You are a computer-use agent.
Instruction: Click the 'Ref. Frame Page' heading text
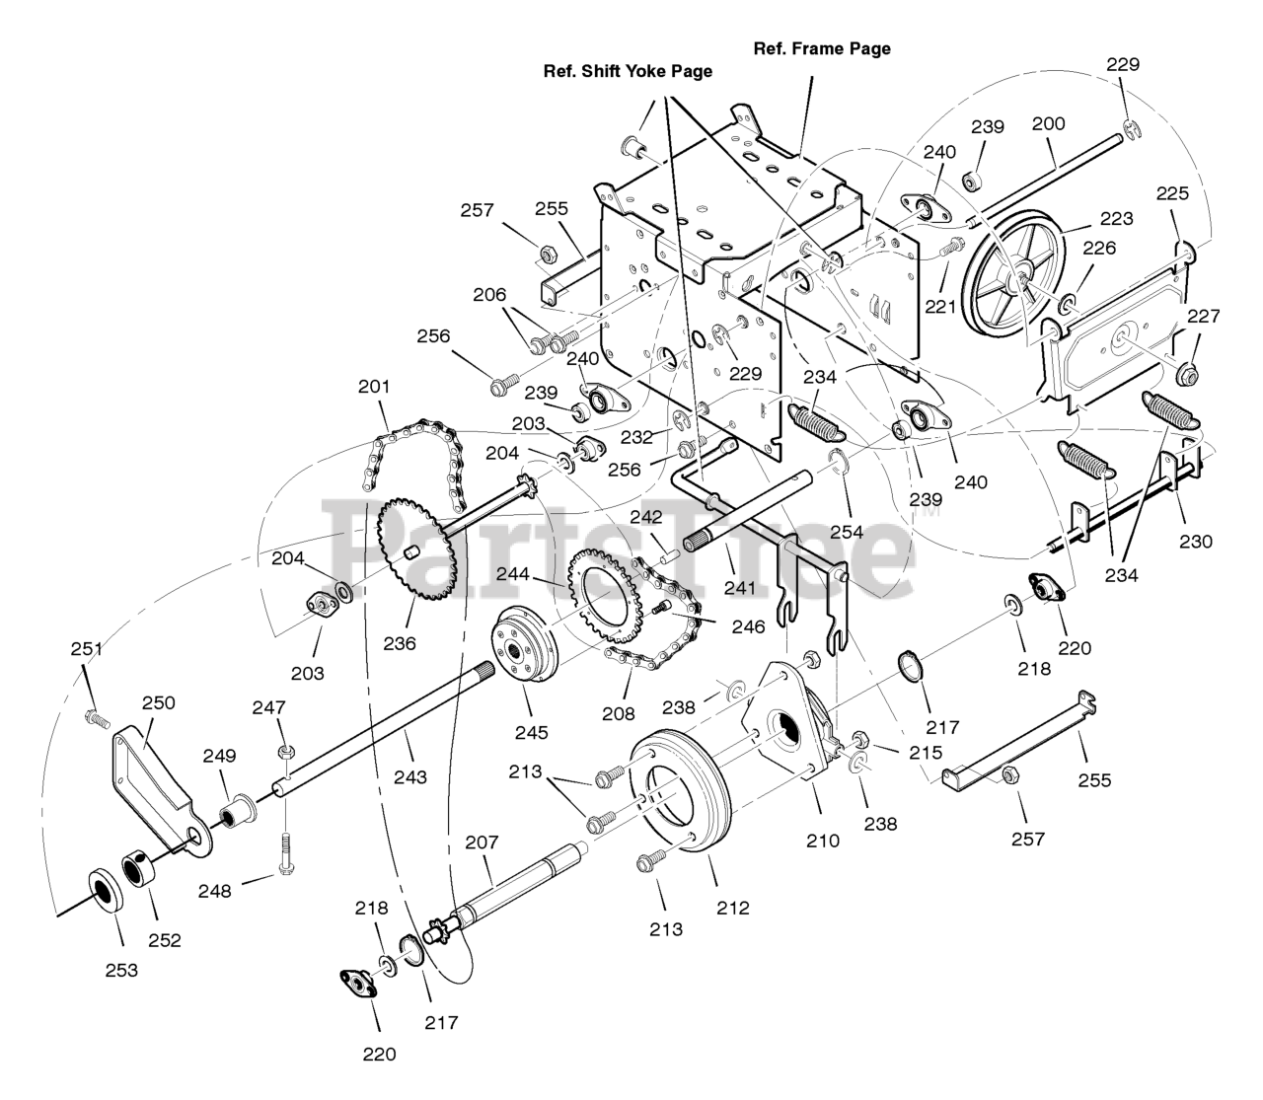822,49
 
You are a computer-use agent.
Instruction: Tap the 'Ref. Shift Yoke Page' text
628,72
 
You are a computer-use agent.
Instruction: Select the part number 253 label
121,971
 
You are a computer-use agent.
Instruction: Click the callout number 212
733,908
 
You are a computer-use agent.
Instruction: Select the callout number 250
159,702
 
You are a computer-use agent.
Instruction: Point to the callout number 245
532,732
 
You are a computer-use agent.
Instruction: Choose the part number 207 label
482,843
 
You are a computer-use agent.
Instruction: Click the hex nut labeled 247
285,752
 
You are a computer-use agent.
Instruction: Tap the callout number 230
1196,542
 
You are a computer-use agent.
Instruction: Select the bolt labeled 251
97,718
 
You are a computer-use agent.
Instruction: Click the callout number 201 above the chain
374,387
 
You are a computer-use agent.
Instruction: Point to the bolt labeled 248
285,853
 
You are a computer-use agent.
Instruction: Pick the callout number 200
1048,124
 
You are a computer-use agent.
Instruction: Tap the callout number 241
739,588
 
